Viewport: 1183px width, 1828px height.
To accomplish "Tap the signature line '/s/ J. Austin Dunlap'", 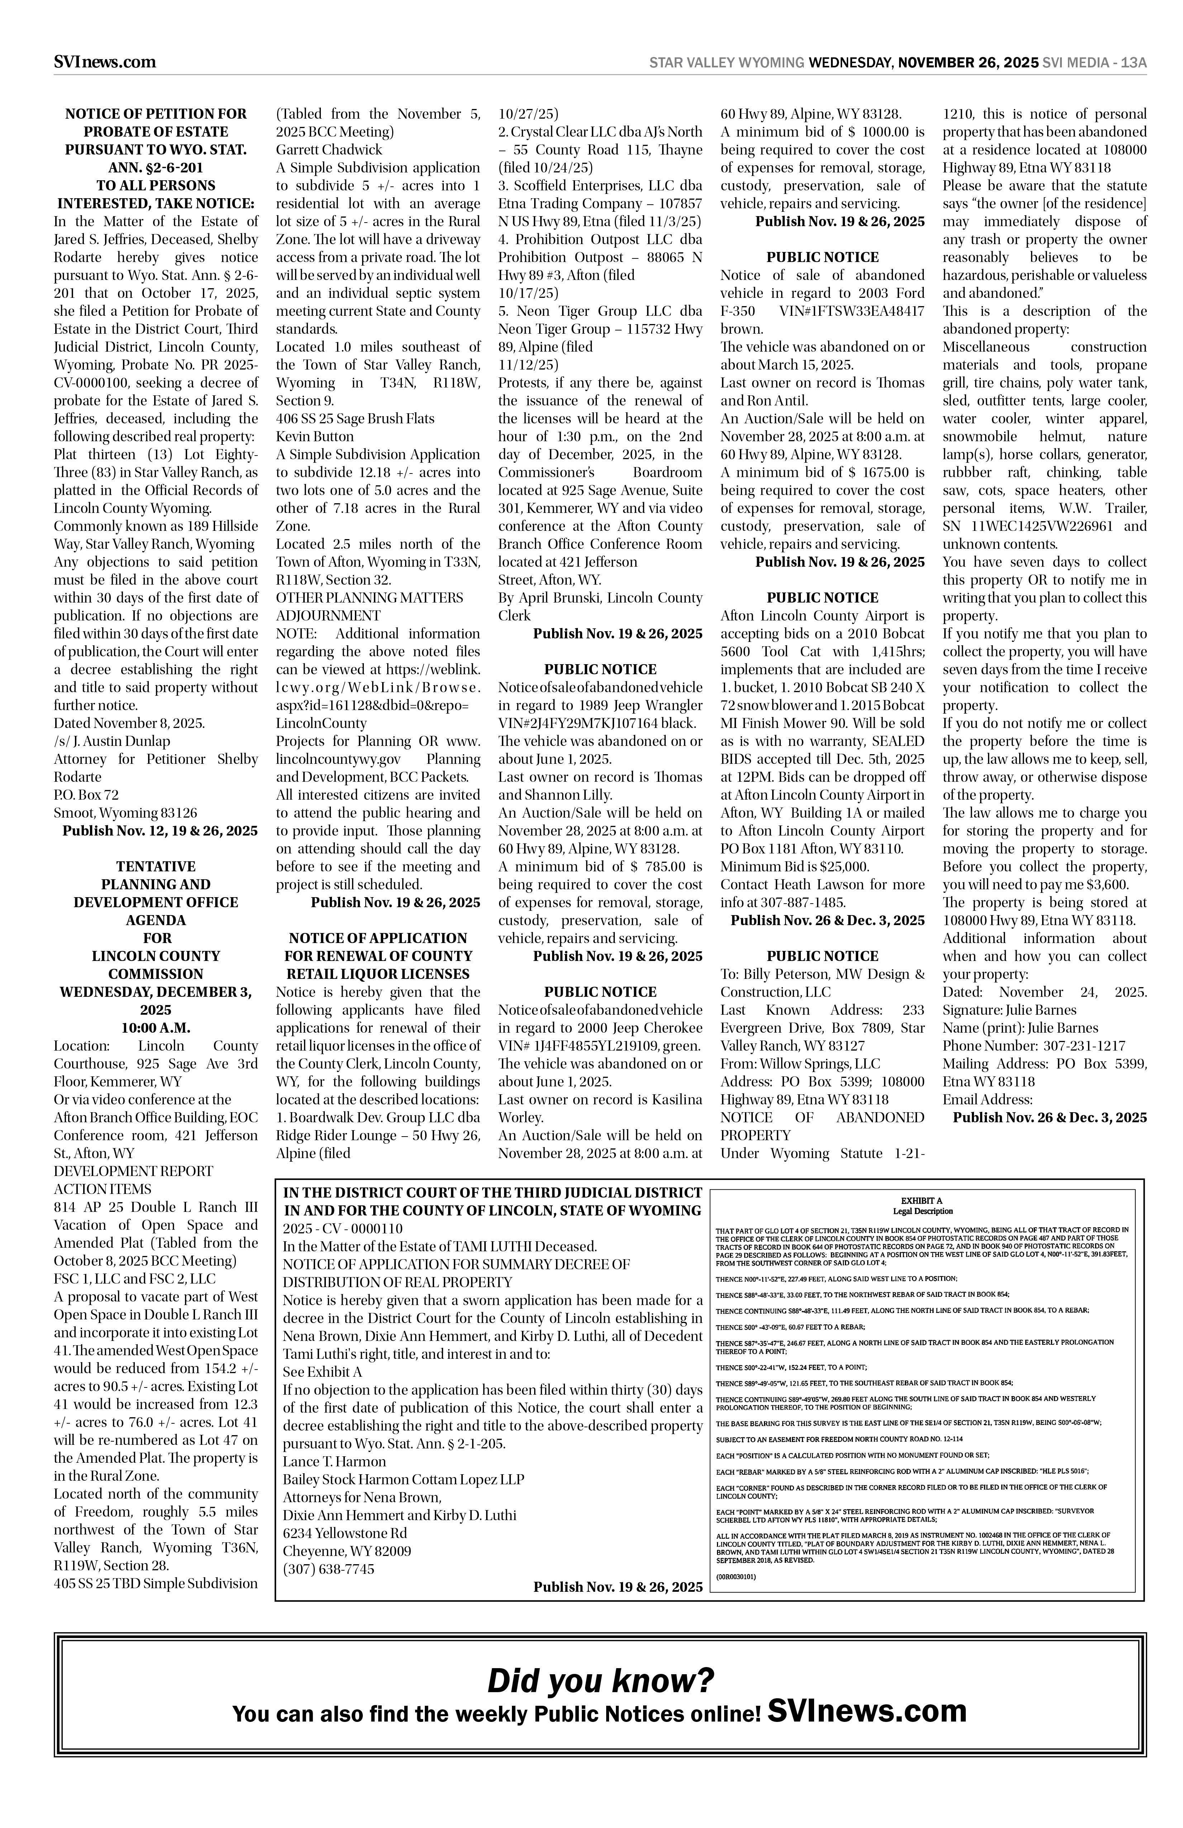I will click(x=112, y=741).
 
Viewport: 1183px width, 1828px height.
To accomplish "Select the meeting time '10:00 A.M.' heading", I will click(x=156, y=1028).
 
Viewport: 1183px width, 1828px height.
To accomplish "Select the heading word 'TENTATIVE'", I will click(x=156, y=866).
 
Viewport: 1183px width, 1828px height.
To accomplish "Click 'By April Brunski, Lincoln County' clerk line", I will click(x=600, y=598).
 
